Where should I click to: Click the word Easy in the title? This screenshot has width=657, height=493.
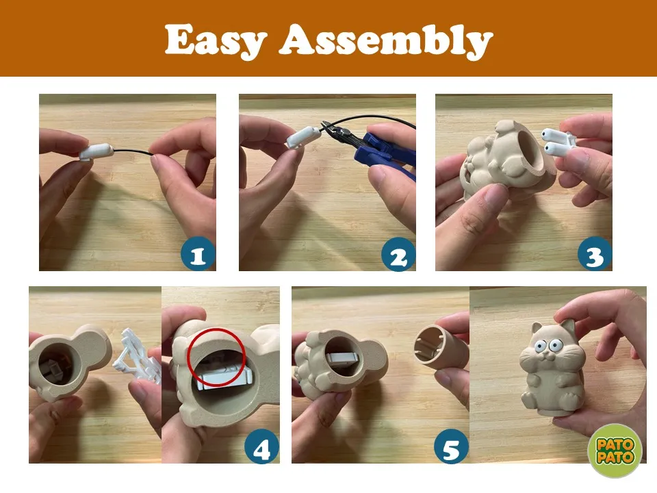coord(216,40)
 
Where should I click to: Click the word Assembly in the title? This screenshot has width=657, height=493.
coord(386,40)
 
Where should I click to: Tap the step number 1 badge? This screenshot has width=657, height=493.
coord(198,254)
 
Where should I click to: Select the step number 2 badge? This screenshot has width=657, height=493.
coord(398,254)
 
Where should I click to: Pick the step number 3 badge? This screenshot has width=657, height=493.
coord(594,254)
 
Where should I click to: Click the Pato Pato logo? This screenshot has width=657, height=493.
coord(615,451)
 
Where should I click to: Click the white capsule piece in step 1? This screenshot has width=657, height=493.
coord(96,152)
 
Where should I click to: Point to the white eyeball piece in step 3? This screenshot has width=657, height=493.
coord(556,141)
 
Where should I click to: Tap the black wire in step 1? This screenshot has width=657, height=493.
coord(133,152)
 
